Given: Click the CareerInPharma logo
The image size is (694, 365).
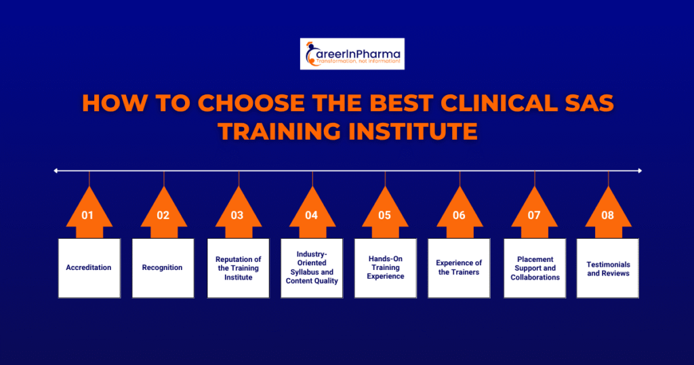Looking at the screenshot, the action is (x=352, y=54).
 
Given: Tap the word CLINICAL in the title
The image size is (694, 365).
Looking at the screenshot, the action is (x=499, y=103).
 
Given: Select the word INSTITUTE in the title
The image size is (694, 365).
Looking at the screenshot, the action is (x=413, y=132).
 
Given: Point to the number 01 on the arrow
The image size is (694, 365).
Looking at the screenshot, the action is (x=87, y=215).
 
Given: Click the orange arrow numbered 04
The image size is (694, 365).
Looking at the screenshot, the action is (x=312, y=212).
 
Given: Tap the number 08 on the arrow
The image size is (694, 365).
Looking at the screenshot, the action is (x=607, y=215).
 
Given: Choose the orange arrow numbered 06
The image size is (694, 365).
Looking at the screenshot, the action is (x=460, y=212).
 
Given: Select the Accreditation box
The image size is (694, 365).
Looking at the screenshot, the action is (x=89, y=268).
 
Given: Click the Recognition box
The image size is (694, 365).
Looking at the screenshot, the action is (x=163, y=268).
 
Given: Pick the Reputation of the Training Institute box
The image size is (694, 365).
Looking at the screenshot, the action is (x=238, y=268).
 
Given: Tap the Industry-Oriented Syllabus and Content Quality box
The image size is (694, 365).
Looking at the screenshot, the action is (x=312, y=268).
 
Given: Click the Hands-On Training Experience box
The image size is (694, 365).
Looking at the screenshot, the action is (x=386, y=268).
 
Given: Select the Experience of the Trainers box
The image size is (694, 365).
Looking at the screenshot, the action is (x=459, y=268).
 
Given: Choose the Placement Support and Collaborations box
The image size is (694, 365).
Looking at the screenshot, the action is (x=535, y=268).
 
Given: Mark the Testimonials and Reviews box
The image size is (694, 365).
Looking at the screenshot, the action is (x=608, y=268).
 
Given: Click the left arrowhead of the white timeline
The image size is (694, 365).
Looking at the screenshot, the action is (x=56, y=170).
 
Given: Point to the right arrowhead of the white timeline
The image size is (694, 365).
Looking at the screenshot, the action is (x=640, y=170).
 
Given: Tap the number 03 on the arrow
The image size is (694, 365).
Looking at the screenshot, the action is (x=237, y=215).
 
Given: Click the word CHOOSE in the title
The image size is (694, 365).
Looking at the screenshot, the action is (x=251, y=103).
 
